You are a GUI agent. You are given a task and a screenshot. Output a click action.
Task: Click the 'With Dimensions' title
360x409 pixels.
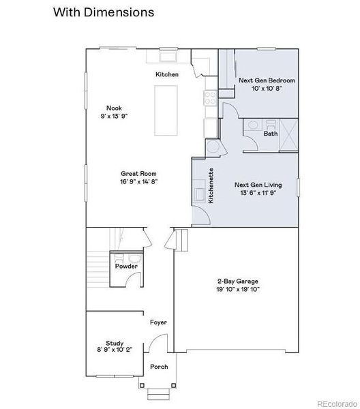point(103,12)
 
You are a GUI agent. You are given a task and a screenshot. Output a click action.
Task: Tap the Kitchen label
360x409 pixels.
point(167,74)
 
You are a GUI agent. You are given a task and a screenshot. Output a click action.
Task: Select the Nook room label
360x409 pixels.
point(114,107)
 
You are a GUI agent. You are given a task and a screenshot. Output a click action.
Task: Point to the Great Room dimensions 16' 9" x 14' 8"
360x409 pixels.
point(139,183)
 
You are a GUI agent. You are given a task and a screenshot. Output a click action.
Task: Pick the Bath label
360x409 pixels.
point(270,134)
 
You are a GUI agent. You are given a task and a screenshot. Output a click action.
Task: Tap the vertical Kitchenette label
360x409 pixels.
point(211,185)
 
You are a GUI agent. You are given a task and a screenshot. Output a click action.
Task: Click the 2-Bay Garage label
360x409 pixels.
point(238,281)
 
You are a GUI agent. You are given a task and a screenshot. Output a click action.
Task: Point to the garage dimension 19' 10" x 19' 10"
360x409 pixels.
point(238,289)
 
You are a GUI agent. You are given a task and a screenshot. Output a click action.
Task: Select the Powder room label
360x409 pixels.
point(126,266)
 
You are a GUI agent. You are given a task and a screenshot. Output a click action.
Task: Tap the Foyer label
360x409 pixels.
point(158,322)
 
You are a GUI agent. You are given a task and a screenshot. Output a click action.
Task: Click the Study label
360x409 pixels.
point(114,343)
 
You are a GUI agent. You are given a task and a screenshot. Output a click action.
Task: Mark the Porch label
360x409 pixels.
point(159,367)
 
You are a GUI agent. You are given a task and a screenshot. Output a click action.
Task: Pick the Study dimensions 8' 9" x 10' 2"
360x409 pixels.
point(114,351)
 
